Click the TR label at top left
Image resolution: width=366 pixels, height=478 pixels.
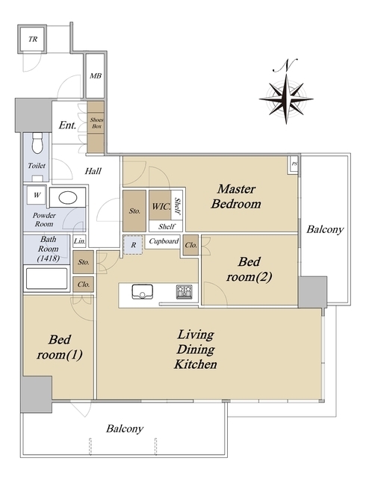coord(33,39)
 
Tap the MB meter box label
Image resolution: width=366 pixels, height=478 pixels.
coord(96,75)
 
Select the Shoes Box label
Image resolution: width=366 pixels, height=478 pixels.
coord(96,122)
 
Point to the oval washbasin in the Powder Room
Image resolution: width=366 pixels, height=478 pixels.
coord(67,198)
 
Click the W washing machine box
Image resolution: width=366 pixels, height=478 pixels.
coord(37,195)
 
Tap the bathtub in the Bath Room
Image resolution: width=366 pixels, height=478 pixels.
coord(46,279)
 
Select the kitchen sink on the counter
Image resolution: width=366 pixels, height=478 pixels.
coord(142,291)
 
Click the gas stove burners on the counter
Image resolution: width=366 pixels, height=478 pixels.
coord(184,291)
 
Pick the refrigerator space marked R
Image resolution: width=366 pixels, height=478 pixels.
coord(133,245)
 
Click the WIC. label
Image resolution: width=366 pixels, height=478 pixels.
coord(161,206)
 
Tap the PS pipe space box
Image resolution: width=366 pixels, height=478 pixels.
coord(294,164)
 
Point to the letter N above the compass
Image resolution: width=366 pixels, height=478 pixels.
coord(286,65)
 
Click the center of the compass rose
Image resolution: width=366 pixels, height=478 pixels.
coord(286,99)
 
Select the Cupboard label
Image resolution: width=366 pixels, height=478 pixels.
coord(164,241)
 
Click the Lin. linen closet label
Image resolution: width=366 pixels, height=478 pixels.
coord(80,241)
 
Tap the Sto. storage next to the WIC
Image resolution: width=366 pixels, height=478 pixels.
coord(134,211)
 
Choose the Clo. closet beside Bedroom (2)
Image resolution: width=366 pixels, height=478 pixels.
coord(191,245)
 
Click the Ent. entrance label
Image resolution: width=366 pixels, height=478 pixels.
coord(67,125)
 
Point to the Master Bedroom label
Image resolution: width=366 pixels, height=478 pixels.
coord(236,196)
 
